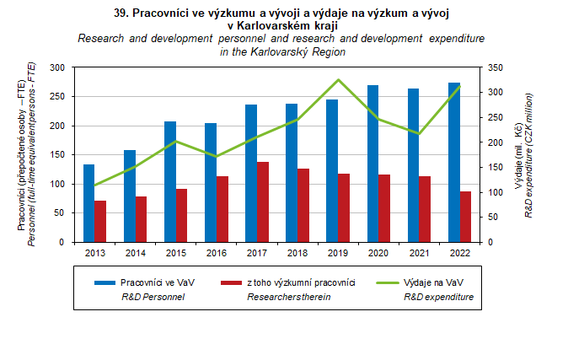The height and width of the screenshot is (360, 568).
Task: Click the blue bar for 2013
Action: click(88, 203)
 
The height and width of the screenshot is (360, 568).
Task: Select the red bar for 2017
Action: click(263, 202)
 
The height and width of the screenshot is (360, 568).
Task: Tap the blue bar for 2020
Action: click(372, 164)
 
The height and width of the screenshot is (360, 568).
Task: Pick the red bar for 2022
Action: click(465, 217)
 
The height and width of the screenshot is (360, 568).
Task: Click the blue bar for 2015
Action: click(170, 181)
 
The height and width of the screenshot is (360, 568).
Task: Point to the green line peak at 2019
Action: click(338, 80)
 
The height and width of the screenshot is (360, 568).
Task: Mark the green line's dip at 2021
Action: click(419, 133)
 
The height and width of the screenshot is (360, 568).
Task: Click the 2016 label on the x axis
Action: click(217, 253)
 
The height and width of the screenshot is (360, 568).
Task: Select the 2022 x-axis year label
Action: click(459, 253)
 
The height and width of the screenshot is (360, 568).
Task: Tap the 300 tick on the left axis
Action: click(57, 67)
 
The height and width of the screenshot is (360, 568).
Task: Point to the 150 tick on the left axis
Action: click(57, 155)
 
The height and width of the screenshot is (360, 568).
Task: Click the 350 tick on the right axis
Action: click(496, 67)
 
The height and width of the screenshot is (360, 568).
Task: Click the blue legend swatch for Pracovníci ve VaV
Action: click(104, 282)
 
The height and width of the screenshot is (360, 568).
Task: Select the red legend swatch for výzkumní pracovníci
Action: click(231, 282)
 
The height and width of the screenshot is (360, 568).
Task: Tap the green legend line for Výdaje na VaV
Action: click(388, 282)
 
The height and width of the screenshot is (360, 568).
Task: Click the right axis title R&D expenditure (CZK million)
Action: click(529, 155)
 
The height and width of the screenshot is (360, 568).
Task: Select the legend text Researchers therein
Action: click(289, 297)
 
